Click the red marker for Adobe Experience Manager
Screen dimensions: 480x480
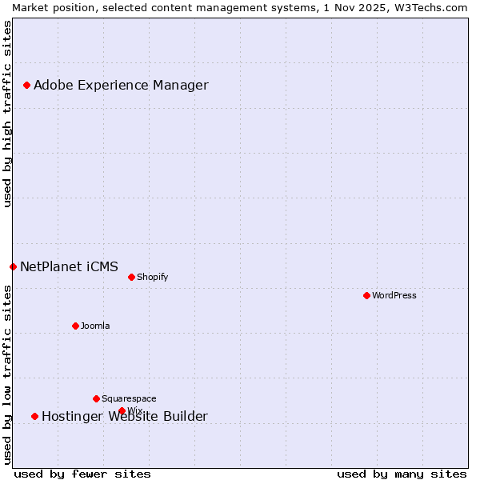tap(26, 85)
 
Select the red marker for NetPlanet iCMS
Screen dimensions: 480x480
tap(13, 266)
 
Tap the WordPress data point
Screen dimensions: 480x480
tap(366, 295)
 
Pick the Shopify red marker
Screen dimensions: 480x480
tap(131, 277)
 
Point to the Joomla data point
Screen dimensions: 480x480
tap(75, 326)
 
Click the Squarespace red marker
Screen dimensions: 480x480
tap(96, 398)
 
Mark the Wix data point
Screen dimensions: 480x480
tap(122, 410)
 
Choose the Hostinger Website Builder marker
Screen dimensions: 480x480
tap(34, 416)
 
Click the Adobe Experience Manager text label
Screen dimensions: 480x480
tap(121, 85)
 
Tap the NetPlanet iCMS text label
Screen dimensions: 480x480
tap(69, 266)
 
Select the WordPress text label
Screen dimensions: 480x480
tap(394, 295)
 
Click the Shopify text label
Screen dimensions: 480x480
tap(152, 277)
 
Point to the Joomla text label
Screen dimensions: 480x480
tap(95, 326)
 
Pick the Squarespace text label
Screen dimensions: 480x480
tap(129, 398)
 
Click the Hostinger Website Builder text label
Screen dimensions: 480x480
tap(124, 416)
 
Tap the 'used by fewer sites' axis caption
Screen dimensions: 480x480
tap(82, 474)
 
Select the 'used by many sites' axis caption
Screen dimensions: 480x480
tap(402, 474)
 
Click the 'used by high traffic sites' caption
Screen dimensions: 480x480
tap(7, 114)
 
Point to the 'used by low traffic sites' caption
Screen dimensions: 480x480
tap(7, 374)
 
